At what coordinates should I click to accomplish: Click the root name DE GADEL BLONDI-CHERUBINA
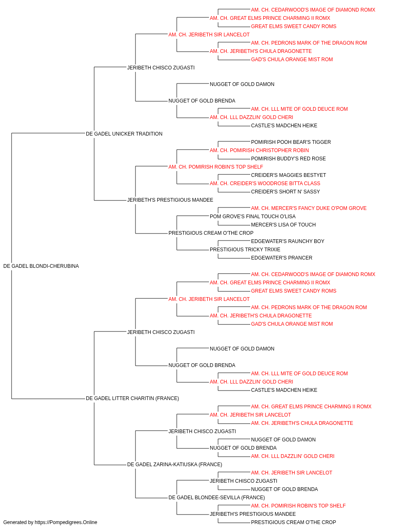(41, 266)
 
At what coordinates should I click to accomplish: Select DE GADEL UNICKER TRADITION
(124, 134)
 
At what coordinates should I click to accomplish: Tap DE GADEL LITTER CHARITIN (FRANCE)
(132, 398)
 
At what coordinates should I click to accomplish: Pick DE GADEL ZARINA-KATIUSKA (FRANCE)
(175, 465)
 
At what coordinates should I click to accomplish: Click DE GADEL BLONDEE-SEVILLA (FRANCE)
(217, 498)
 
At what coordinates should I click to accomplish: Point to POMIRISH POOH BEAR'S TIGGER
(291, 142)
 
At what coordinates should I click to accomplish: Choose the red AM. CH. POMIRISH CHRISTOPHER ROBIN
(259, 150)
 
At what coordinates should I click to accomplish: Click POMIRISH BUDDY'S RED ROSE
(288, 159)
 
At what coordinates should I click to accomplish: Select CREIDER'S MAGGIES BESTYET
(288, 175)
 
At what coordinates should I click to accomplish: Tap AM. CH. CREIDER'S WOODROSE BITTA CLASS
(265, 183)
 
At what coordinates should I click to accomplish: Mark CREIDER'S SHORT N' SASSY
(285, 192)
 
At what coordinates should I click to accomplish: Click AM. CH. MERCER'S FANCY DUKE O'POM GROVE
(309, 208)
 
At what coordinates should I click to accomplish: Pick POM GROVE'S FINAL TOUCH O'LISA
(253, 217)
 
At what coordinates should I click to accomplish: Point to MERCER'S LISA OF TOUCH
(283, 225)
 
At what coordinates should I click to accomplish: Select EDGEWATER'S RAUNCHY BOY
(288, 241)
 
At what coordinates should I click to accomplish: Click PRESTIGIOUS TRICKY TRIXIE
(245, 250)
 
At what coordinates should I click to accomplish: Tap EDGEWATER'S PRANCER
(282, 258)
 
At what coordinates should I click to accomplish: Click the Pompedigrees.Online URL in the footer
(66, 522)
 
